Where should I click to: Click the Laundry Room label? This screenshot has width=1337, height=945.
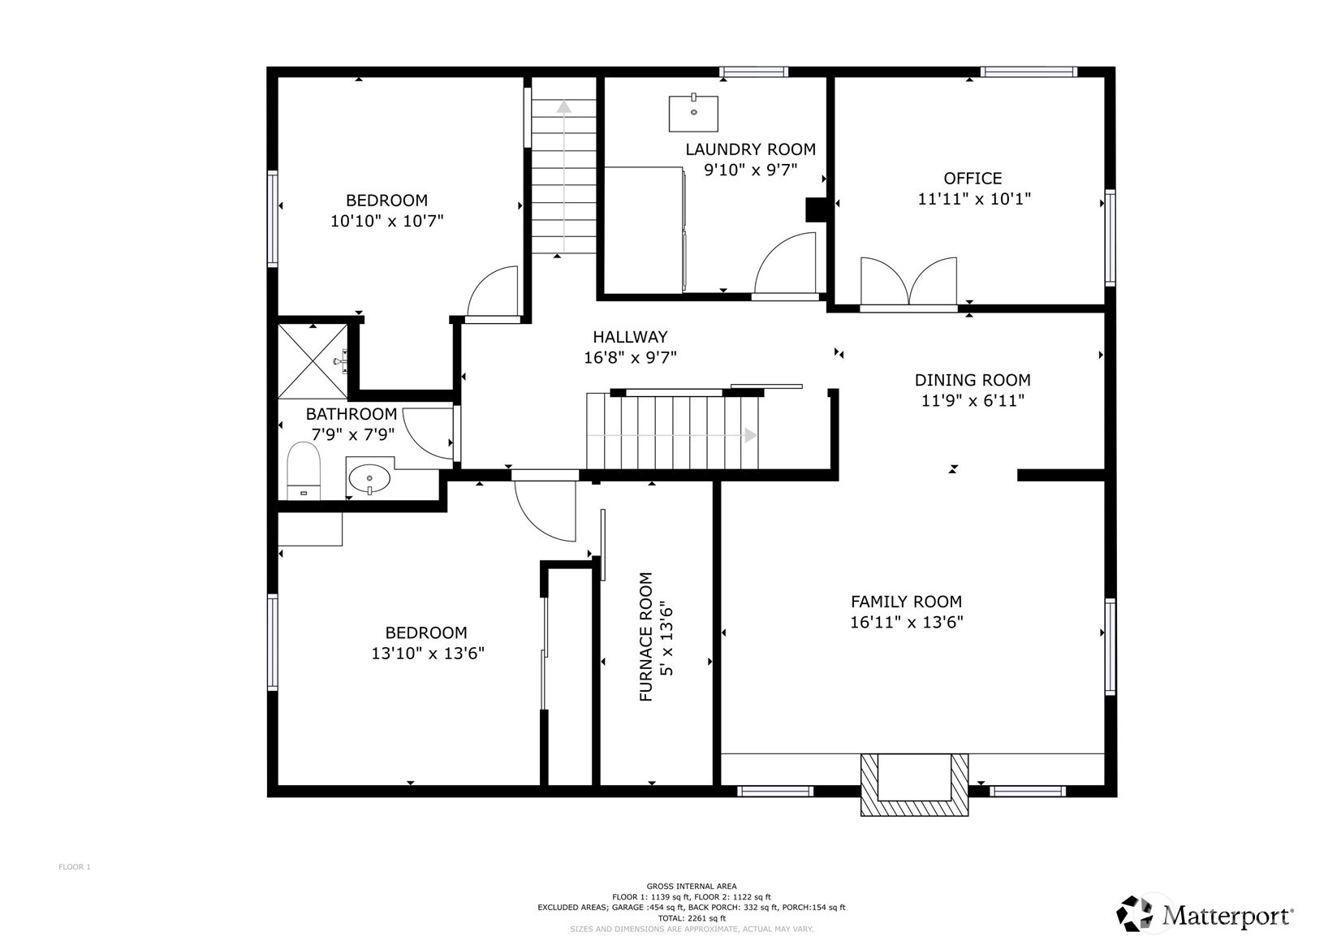750,149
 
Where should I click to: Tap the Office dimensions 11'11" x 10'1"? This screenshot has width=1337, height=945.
974,199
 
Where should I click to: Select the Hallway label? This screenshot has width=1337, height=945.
630,337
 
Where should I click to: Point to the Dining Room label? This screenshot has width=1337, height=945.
973,380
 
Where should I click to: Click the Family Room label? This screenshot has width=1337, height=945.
906,601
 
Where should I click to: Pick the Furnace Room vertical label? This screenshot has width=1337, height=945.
646,636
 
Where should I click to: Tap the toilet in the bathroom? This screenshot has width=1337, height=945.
304,470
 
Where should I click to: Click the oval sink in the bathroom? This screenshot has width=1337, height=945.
369,478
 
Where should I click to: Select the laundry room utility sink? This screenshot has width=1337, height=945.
693,112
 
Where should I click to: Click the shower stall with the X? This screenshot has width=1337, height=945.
313,361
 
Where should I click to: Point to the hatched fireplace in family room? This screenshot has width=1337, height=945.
914,784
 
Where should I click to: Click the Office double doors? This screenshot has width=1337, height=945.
908,282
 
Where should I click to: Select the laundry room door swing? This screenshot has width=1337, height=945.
785,264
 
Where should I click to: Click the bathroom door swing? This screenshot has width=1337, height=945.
428,434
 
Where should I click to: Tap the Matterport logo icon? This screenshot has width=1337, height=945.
1136,914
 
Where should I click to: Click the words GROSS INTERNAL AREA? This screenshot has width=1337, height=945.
691,887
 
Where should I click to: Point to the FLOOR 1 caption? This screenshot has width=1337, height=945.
75,867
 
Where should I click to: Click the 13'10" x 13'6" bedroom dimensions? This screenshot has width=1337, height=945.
427,653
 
